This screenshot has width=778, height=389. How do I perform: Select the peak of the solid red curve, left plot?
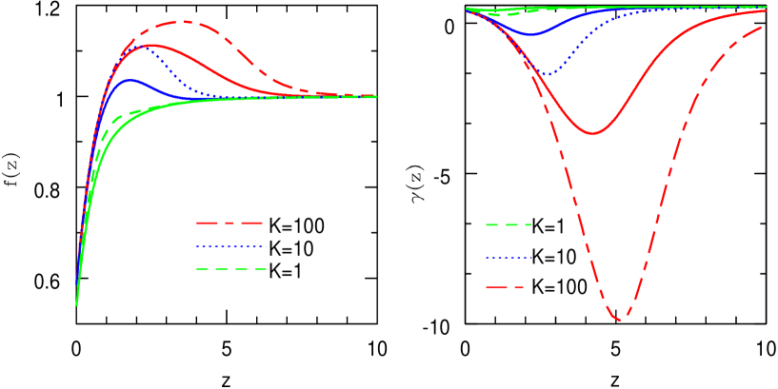[150, 45]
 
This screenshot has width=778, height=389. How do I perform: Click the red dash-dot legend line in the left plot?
[229, 223]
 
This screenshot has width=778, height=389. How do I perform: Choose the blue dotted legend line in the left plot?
[229, 246]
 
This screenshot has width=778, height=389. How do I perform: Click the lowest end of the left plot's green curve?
[76, 305]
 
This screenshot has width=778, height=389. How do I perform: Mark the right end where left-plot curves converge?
[375, 96]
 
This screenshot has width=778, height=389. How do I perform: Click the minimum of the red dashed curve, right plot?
[620, 320]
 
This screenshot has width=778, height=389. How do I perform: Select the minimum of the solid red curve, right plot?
[593, 133]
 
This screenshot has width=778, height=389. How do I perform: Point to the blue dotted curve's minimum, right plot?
[548, 73]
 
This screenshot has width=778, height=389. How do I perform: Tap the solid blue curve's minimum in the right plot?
[531, 35]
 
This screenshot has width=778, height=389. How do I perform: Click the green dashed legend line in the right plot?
[509, 225]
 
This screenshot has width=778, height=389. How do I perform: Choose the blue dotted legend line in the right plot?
[509, 258]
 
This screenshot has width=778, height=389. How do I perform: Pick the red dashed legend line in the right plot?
[505, 287]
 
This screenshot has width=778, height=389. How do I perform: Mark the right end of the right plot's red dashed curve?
[762, 28]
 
